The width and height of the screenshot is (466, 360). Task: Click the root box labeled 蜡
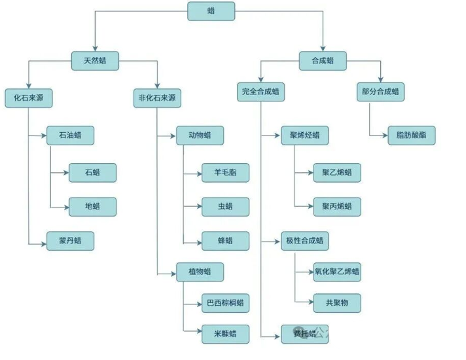click(x=210, y=10)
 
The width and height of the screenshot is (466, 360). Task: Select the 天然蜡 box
click(x=95, y=61)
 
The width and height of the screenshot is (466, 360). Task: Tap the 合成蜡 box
click(x=322, y=61)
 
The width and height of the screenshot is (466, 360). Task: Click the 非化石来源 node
click(x=157, y=98)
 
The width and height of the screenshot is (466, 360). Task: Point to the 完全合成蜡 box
click(x=260, y=92)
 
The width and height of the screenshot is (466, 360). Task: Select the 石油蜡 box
click(x=70, y=135)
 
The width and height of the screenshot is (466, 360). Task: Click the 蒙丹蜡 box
click(x=70, y=241)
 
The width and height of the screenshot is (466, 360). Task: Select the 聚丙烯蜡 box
click(x=337, y=207)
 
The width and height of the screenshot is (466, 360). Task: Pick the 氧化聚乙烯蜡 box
click(x=337, y=272)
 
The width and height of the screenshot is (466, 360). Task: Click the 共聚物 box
click(x=337, y=303)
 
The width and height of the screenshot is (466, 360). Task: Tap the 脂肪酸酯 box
click(x=412, y=135)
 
